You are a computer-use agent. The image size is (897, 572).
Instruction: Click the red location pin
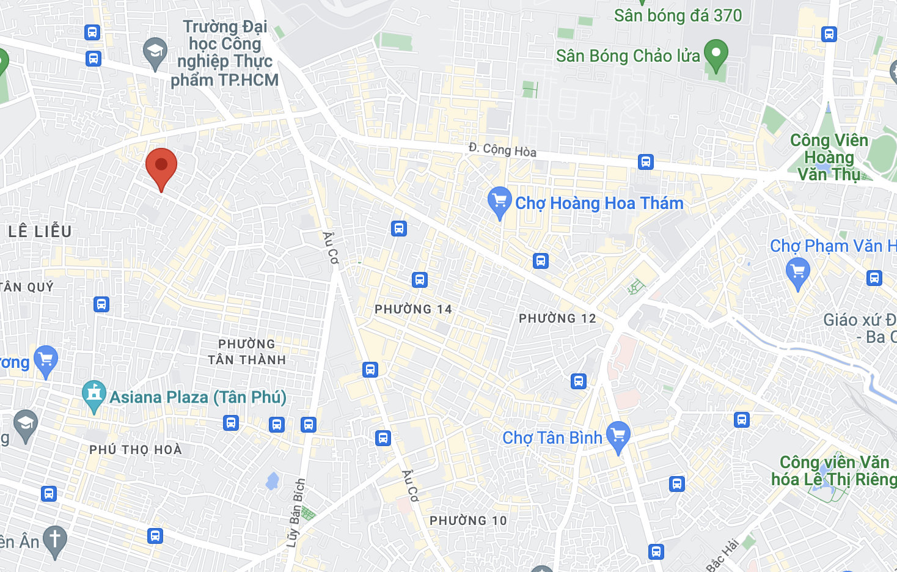click(x=161, y=166)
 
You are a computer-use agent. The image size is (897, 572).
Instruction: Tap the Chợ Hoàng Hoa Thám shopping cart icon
click(x=499, y=201)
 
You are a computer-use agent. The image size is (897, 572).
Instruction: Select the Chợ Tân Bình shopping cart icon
click(x=618, y=436)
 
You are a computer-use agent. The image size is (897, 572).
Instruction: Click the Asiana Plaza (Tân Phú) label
click(x=198, y=397)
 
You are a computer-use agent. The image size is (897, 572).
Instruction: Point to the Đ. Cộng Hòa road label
click(x=502, y=150)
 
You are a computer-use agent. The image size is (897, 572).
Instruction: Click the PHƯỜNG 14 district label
click(x=413, y=309)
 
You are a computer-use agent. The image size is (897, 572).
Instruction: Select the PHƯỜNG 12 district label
click(x=557, y=318)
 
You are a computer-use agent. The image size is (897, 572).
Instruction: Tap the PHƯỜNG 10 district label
click(x=468, y=521)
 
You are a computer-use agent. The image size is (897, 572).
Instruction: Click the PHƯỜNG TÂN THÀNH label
click(x=247, y=352)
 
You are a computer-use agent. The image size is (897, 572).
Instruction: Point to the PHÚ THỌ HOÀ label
click(x=136, y=450)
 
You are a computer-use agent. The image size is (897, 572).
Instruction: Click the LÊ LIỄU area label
click(x=40, y=232)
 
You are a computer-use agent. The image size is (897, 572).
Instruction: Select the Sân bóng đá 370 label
click(x=678, y=16)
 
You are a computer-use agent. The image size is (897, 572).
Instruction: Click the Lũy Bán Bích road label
click(x=296, y=513)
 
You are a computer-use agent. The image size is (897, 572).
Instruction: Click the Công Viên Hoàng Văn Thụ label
click(x=829, y=158)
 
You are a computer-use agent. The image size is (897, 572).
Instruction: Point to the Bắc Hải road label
click(x=723, y=555)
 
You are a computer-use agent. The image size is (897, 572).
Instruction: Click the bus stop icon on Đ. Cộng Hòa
click(x=646, y=162)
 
